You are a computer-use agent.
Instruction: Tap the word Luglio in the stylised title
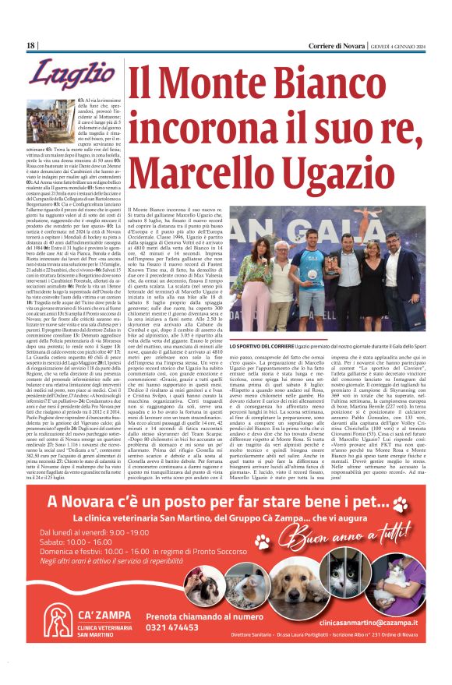tap(62, 76)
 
